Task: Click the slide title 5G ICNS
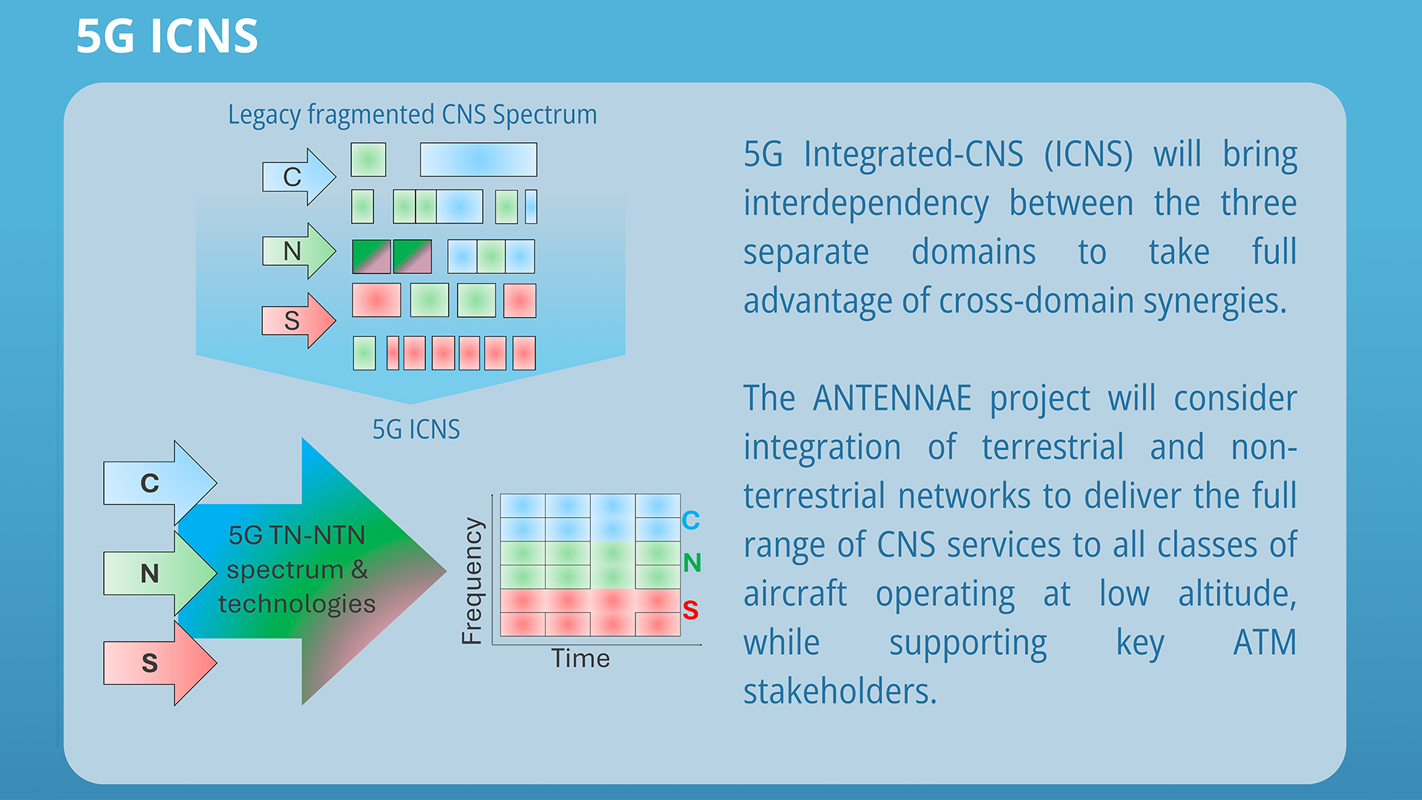point(167,36)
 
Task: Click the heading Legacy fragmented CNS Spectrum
point(412,115)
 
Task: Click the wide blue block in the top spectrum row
point(478,159)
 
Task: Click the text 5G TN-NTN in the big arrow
point(296,535)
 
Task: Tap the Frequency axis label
point(472,581)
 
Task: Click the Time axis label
point(580,659)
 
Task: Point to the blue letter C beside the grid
point(690,520)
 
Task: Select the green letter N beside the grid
point(692,563)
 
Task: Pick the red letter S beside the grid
point(690,610)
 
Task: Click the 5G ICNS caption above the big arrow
point(415,430)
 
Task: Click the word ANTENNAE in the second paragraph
point(892,399)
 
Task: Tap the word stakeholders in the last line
point(839,692)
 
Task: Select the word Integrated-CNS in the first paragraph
point(913,155)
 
